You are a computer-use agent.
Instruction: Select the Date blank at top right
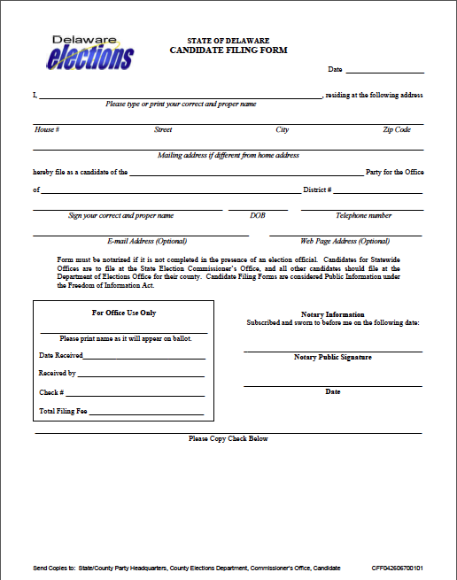(384, 70)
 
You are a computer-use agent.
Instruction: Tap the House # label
(47, 130)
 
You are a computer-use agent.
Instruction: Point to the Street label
(163, 130)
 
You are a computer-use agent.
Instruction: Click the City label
(283, 130)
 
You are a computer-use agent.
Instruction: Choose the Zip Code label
(397, 130)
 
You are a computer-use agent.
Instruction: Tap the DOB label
(258, 215)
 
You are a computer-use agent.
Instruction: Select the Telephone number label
(363, 215)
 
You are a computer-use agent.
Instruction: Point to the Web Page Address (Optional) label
(345, 241)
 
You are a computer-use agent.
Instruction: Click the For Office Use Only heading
(124, 313)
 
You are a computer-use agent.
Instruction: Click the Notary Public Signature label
(332, 357)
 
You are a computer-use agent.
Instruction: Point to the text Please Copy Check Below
(228, 438)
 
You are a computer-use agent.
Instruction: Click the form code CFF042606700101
(397, 567)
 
